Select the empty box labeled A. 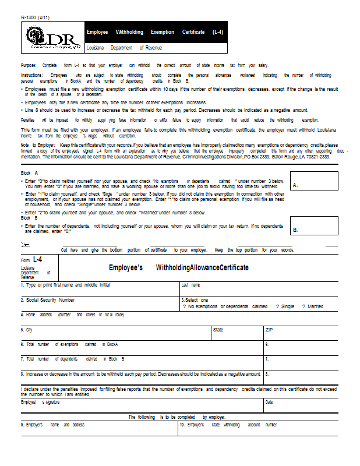314,181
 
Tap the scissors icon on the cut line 24,243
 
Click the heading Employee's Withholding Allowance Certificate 178,268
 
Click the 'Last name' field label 190,285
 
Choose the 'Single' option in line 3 285,306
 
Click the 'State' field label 218,330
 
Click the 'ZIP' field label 269,330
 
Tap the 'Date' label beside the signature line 269,402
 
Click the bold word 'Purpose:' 29,65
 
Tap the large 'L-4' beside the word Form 37,259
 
